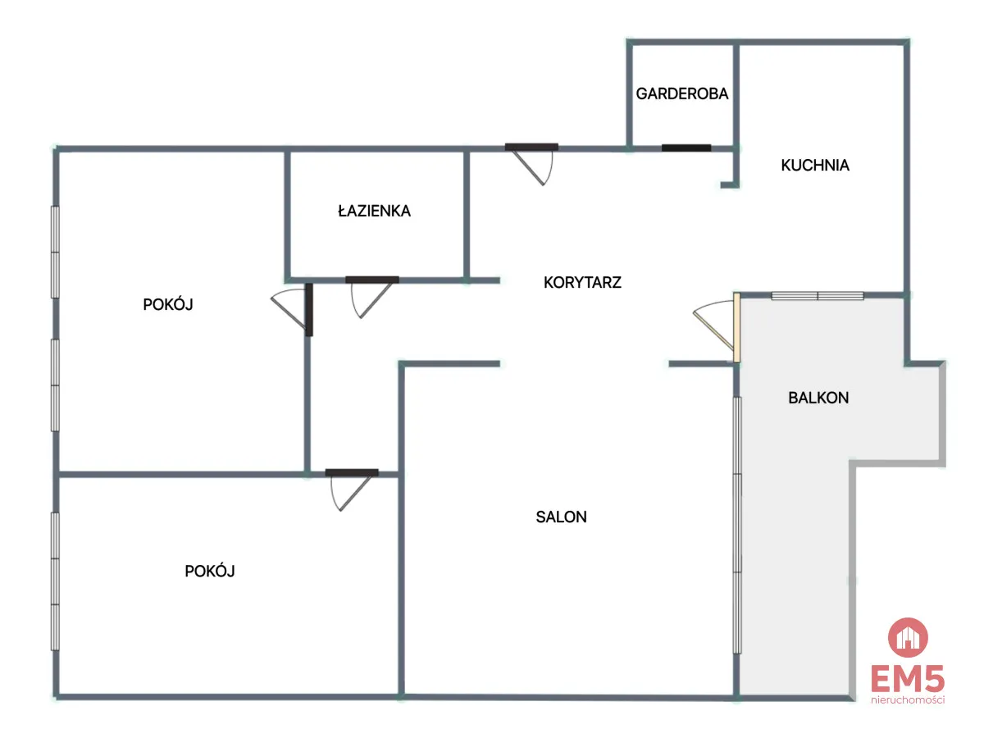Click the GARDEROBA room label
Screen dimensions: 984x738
[x=681, y=93]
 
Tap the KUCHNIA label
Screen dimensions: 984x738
[x=814, y=166]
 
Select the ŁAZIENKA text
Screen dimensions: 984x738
[x=374, y=211]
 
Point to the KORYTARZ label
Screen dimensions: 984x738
[x=582, y=282]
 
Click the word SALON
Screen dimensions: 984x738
[x=561, y=517]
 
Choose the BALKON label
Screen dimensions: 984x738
[x=818, y=398]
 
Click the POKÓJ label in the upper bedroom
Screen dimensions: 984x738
[x=168, y=304]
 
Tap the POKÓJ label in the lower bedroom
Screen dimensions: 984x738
[x=210, y=571]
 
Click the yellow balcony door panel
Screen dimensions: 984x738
[x=736, y=327]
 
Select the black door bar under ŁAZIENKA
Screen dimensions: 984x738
[x=372, y=280]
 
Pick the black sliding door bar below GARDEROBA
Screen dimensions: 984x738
[x=686, y=148]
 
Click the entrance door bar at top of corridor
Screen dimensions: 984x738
[x=531, y=147]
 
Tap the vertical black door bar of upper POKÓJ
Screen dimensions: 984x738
[x=309, y=310]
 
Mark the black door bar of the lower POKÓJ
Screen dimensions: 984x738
[x=352, y=472]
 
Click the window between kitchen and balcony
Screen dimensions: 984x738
[x=818, y=296]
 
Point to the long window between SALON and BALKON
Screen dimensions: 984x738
[x=737, y=525]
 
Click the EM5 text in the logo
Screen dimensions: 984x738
[x=908, y=679]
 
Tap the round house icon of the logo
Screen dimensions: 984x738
[x=908, y=638]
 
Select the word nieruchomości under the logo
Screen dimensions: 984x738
[x=908, y=700]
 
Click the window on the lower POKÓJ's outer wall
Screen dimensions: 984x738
[x=55, y=581]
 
